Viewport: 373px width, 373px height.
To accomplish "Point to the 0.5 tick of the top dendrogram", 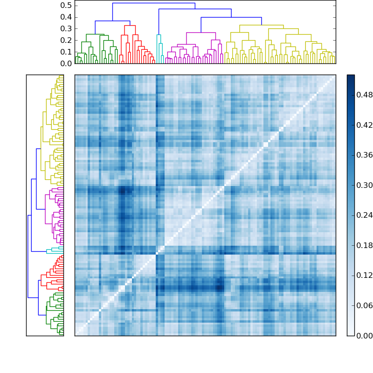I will click(66, 6).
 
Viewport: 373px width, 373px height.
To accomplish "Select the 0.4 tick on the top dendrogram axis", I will click(66, 17).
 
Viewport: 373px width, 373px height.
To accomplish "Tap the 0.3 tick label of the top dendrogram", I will click(66, 28).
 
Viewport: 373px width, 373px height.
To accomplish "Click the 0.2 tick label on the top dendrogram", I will click(66, 40).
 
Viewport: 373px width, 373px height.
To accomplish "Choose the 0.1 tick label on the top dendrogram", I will click(66, 52).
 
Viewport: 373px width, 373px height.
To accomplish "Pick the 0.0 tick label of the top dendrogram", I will click(66, 63).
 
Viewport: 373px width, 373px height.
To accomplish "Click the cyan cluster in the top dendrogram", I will click(159, 35).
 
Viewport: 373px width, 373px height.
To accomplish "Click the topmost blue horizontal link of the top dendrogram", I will click(154, 3).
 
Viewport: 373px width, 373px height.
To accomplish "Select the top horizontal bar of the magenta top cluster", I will click(201, 33).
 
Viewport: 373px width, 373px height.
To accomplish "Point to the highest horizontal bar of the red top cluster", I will click(130, 26).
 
